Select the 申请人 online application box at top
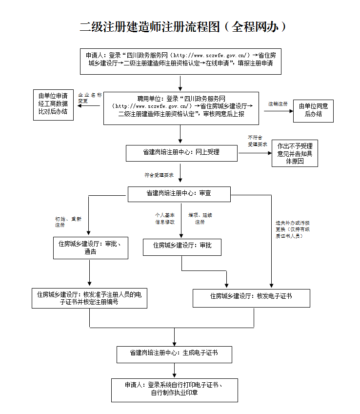coord(180,61)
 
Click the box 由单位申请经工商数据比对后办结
coord(53,103)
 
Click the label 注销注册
coord(278,104)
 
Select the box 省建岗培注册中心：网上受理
coord(181,152)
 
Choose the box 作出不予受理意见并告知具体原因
coord(295,153)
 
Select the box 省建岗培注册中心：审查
coord(179,193)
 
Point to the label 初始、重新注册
coord(68,222)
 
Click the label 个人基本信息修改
coord(165,218)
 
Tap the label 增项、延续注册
coord(200,218)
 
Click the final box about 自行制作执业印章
coord(174,389)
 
